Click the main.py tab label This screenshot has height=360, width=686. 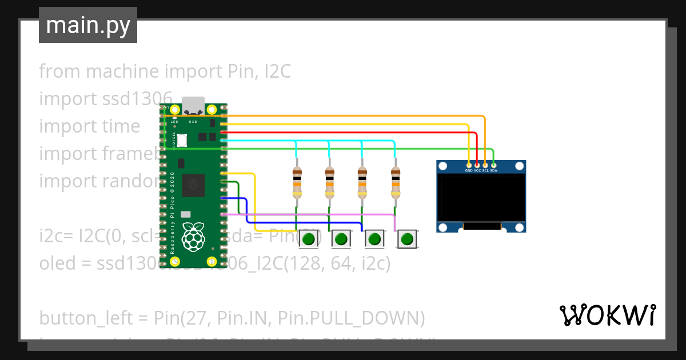point(87,26)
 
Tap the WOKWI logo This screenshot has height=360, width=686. point(607,315)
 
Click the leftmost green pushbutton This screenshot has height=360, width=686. point(309,238)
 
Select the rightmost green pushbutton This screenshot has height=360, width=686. point(407,238)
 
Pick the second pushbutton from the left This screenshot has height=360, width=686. point(341,238)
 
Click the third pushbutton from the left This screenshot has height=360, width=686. point(374,238)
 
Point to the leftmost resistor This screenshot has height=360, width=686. point(297,182)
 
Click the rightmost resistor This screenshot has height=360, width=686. point(395,182)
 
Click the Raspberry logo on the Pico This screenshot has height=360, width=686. point(193,235)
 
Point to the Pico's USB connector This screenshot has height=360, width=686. point(193,106)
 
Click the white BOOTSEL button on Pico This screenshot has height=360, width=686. point(182,139)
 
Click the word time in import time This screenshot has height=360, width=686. point(118,126)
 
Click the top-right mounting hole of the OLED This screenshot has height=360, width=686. point(519,166)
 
